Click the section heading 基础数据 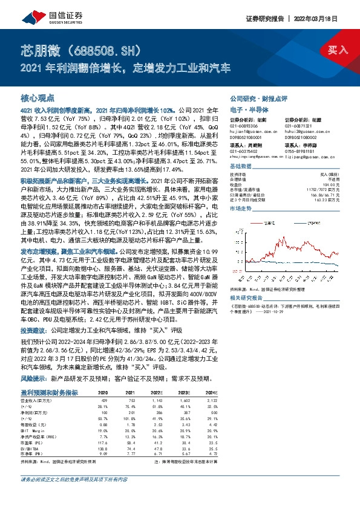coord(241,166)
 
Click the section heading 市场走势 coord(241,207)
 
